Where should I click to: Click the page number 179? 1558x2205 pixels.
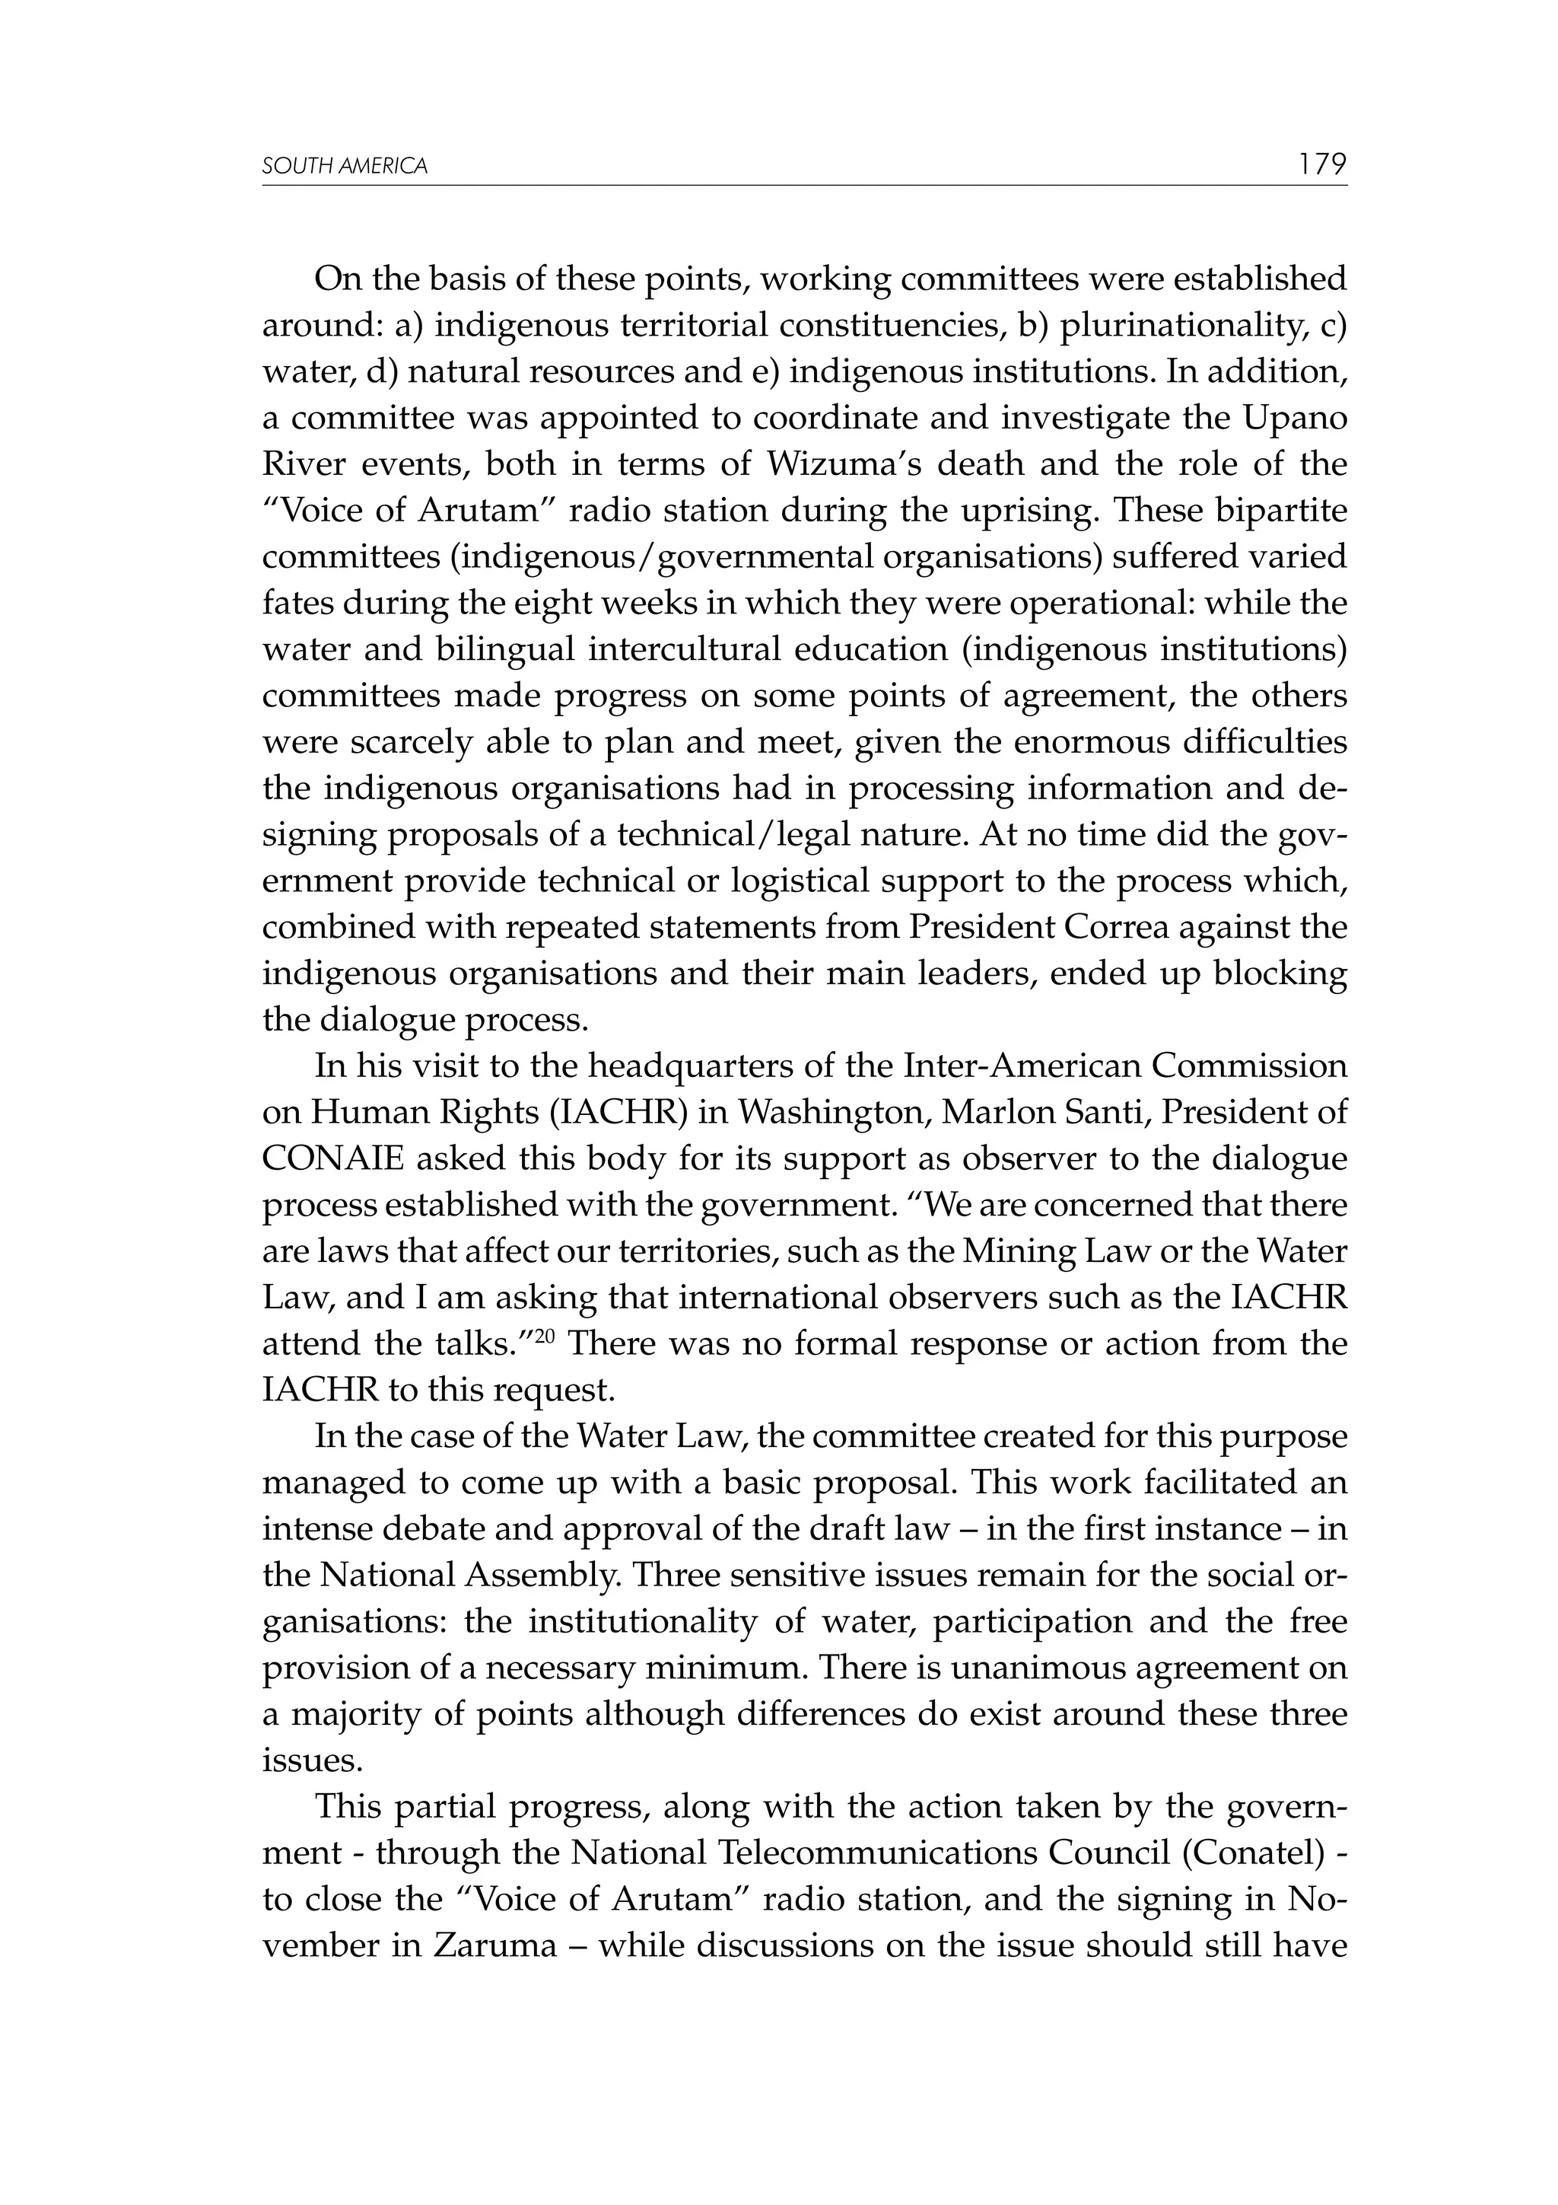(1322, 164)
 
